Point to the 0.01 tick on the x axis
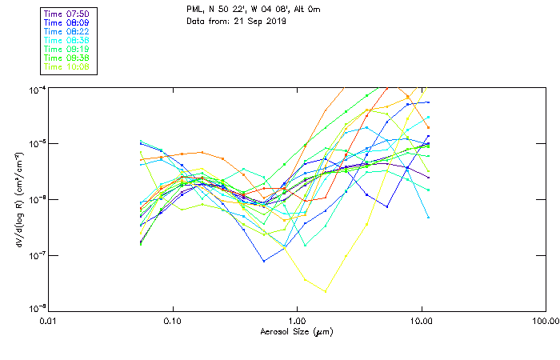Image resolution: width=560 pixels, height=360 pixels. (48, 319)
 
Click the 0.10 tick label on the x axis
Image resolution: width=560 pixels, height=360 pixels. (172, 319)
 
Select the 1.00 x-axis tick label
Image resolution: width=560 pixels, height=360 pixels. (297, 319)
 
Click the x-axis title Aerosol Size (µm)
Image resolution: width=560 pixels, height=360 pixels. (296, 331)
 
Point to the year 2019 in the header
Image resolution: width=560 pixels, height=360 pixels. (274, 20)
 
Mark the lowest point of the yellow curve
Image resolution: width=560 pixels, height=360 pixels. (325, 291)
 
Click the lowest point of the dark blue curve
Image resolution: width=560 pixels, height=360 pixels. (264, 261)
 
